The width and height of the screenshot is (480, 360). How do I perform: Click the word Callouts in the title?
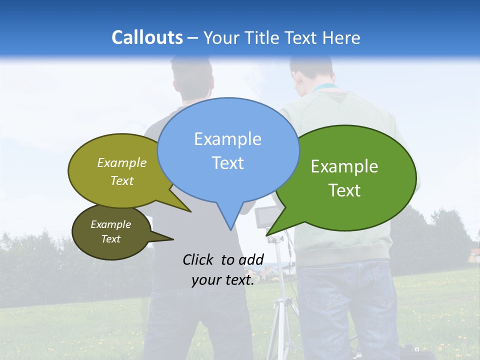pyautogui.click(x=147, y=37)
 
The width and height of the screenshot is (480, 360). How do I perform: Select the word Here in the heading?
pyautogui.click(x=341, y=37)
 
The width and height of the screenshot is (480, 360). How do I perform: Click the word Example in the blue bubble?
pyautogui.click(x=227, y=139)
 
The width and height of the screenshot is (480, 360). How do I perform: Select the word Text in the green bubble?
pyautogui.click(x=344, y=190)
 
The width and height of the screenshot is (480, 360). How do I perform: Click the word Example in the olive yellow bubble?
pyautogui.click(x=121, y=163)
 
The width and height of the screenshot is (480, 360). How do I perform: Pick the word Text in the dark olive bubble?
pyautogui.click(x=110, y=239)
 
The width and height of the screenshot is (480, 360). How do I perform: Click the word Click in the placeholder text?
pyautogui.click(x=198, y=259)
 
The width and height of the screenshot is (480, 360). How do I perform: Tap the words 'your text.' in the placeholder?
pyautogui.click(x=223, y=280)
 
